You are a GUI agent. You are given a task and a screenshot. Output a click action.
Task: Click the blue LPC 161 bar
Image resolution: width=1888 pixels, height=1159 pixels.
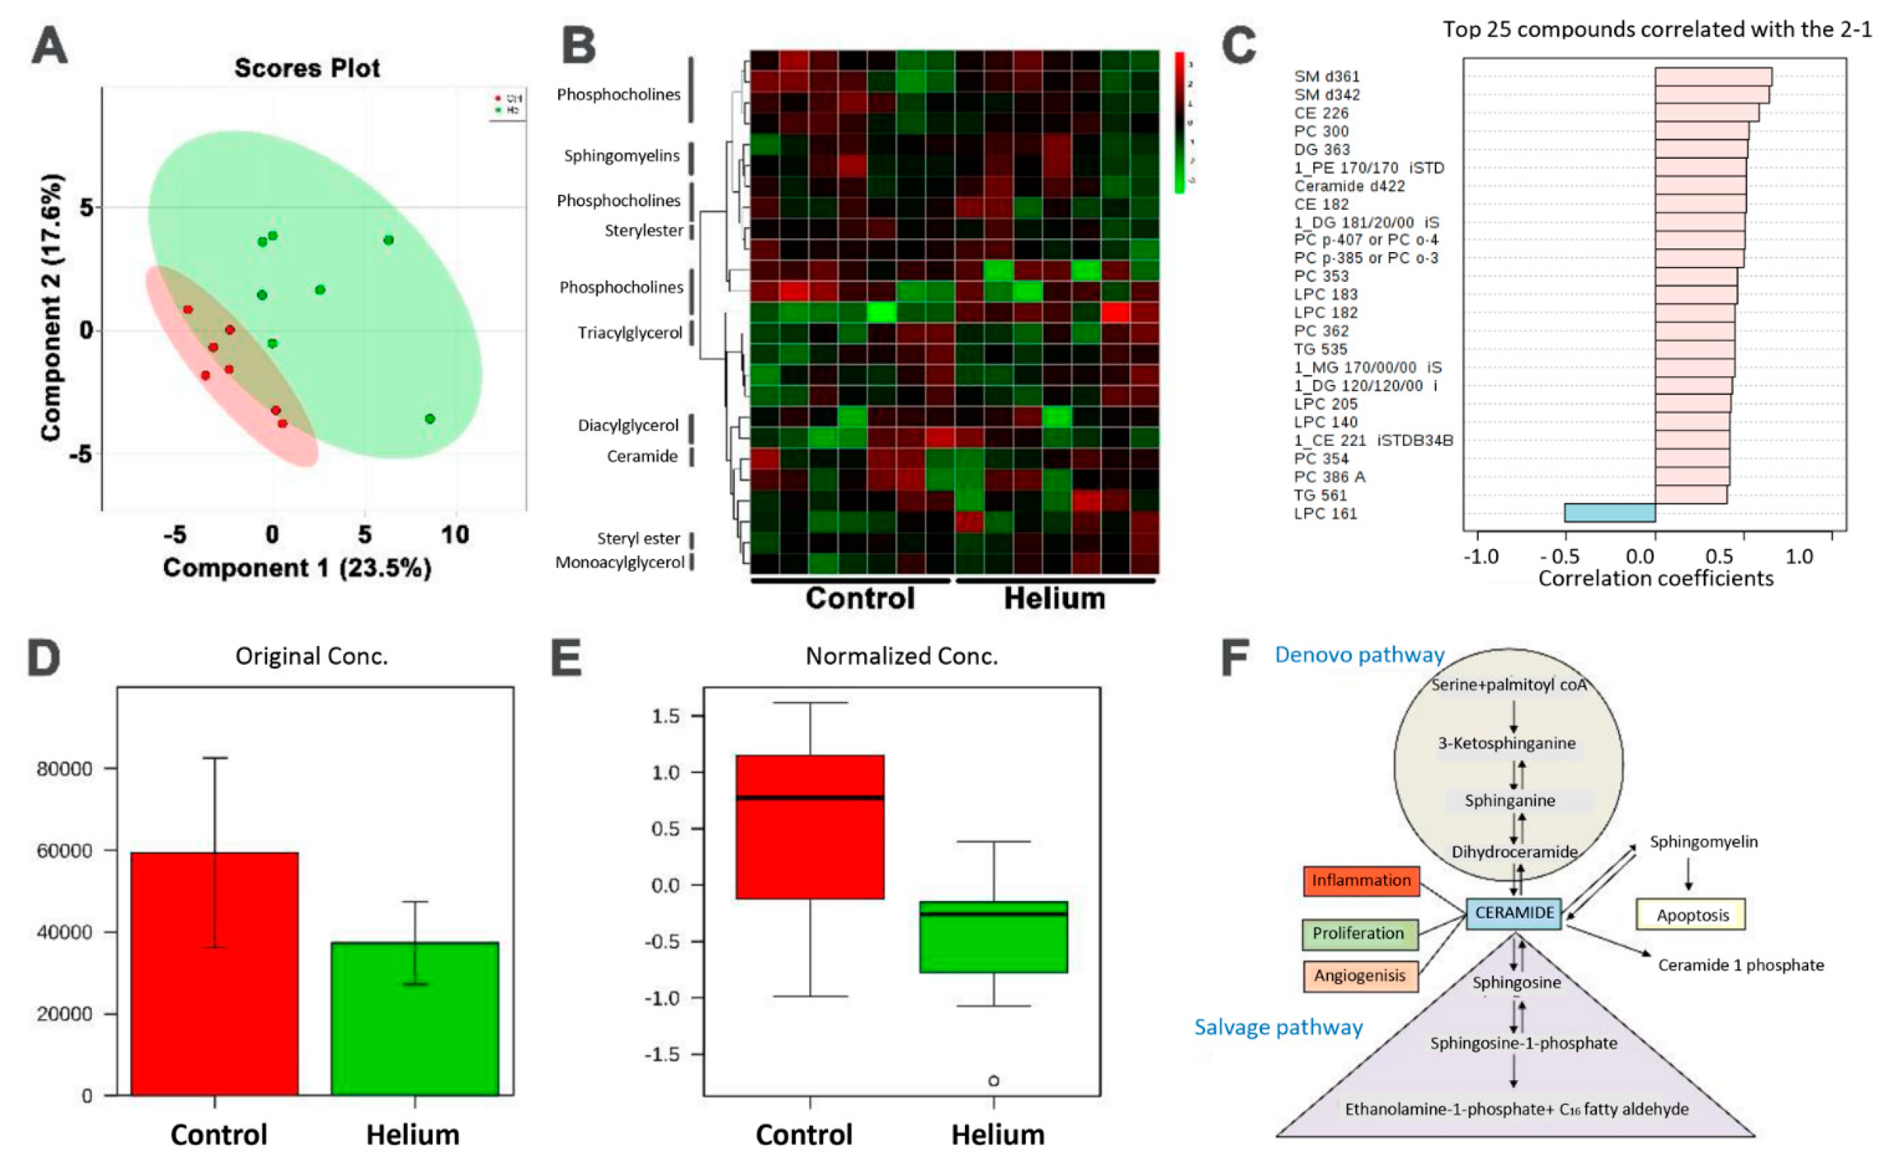[x=1609, y=513]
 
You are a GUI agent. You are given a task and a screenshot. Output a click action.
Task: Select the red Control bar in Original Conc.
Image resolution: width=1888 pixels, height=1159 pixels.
[x=214, y=972]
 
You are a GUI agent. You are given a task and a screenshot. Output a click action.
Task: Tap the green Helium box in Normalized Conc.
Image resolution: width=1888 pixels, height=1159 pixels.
[x=993, y=936]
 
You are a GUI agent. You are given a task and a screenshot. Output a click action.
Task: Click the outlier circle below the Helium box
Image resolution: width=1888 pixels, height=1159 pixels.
[x=994, y=1081]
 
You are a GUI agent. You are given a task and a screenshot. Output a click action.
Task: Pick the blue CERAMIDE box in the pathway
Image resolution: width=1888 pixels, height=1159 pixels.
[x=1513, y=913]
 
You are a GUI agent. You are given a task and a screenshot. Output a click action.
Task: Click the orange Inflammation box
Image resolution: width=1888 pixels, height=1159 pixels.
[x=1361, y=881]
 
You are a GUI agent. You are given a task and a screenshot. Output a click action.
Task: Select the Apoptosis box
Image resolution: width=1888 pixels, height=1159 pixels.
[x=1692, y=915]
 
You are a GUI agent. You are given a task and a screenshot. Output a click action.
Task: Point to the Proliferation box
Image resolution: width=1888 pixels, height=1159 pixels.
[x=1359, y=933]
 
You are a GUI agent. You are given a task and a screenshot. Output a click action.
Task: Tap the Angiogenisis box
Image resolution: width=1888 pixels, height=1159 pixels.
[x=1360, y=975]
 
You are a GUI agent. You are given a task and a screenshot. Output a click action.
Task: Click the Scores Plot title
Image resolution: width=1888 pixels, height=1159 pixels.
[x=307, y=68]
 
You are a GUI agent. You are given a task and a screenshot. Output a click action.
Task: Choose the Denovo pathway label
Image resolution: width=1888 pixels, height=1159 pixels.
[x=1359, y=654]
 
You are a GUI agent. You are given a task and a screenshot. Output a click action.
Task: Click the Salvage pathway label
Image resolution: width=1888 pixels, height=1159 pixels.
[x=1278, y=1027]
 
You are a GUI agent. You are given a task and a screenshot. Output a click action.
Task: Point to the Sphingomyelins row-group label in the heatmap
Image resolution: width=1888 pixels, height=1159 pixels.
[x=621, y=156]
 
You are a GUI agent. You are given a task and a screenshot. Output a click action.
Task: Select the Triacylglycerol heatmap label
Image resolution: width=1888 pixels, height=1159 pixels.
[x=630, y=332]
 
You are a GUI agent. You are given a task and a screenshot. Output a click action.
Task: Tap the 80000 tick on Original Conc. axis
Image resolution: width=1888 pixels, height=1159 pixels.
[x=65, y=769]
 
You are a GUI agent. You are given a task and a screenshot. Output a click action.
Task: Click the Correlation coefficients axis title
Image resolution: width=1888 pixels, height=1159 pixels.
[x=1656, y=578]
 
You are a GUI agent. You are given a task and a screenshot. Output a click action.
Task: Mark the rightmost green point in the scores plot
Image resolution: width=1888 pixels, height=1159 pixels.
[x=430, y=418]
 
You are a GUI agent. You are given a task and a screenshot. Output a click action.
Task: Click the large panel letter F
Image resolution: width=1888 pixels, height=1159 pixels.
[x=1236, y=657]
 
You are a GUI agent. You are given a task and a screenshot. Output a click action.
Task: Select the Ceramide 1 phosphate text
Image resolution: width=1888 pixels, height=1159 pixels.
[x=1741, y=965]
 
